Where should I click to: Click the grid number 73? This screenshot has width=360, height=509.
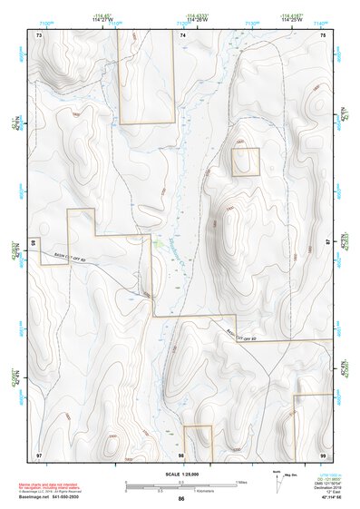[x=39, y=34]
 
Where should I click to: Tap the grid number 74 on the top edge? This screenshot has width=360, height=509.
[x=182, y=34]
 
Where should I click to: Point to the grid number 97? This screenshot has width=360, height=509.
[x=39, y=454]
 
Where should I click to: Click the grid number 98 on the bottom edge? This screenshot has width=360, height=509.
[x=181, y=455]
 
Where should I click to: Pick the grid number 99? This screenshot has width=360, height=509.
[x=322, y=454]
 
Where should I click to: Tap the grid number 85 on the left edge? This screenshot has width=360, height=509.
[x=33, y=243]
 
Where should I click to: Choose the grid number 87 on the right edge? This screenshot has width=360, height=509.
[x=328, y=241]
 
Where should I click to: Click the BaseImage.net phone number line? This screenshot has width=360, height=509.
[x=50, y=496]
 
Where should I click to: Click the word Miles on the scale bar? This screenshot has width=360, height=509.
[x=240, y=481]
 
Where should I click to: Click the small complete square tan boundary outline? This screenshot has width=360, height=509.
[x=246, y=162]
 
